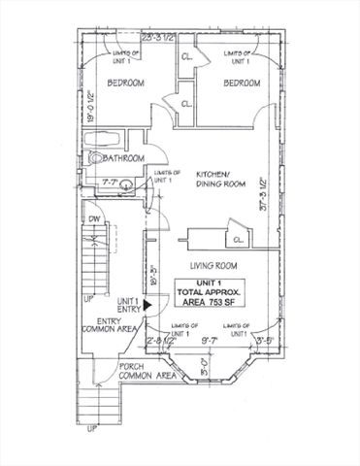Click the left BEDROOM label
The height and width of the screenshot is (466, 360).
point(125,84)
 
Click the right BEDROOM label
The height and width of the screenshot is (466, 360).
point(243,84)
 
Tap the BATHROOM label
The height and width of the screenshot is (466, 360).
point(125,158)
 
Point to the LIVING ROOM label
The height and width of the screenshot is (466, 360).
point(215,265)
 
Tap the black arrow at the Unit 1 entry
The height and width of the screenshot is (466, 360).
point(147,304)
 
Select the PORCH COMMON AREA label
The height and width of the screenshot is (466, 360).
point(147,371)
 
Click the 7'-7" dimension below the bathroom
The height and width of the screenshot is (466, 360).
point(112,182)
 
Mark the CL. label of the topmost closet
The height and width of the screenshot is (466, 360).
point(186,57)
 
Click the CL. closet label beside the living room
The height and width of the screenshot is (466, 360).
point(238,239)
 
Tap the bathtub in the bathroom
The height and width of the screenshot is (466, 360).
point(108,136)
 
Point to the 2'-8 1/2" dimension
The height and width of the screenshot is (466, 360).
point(159,341)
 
